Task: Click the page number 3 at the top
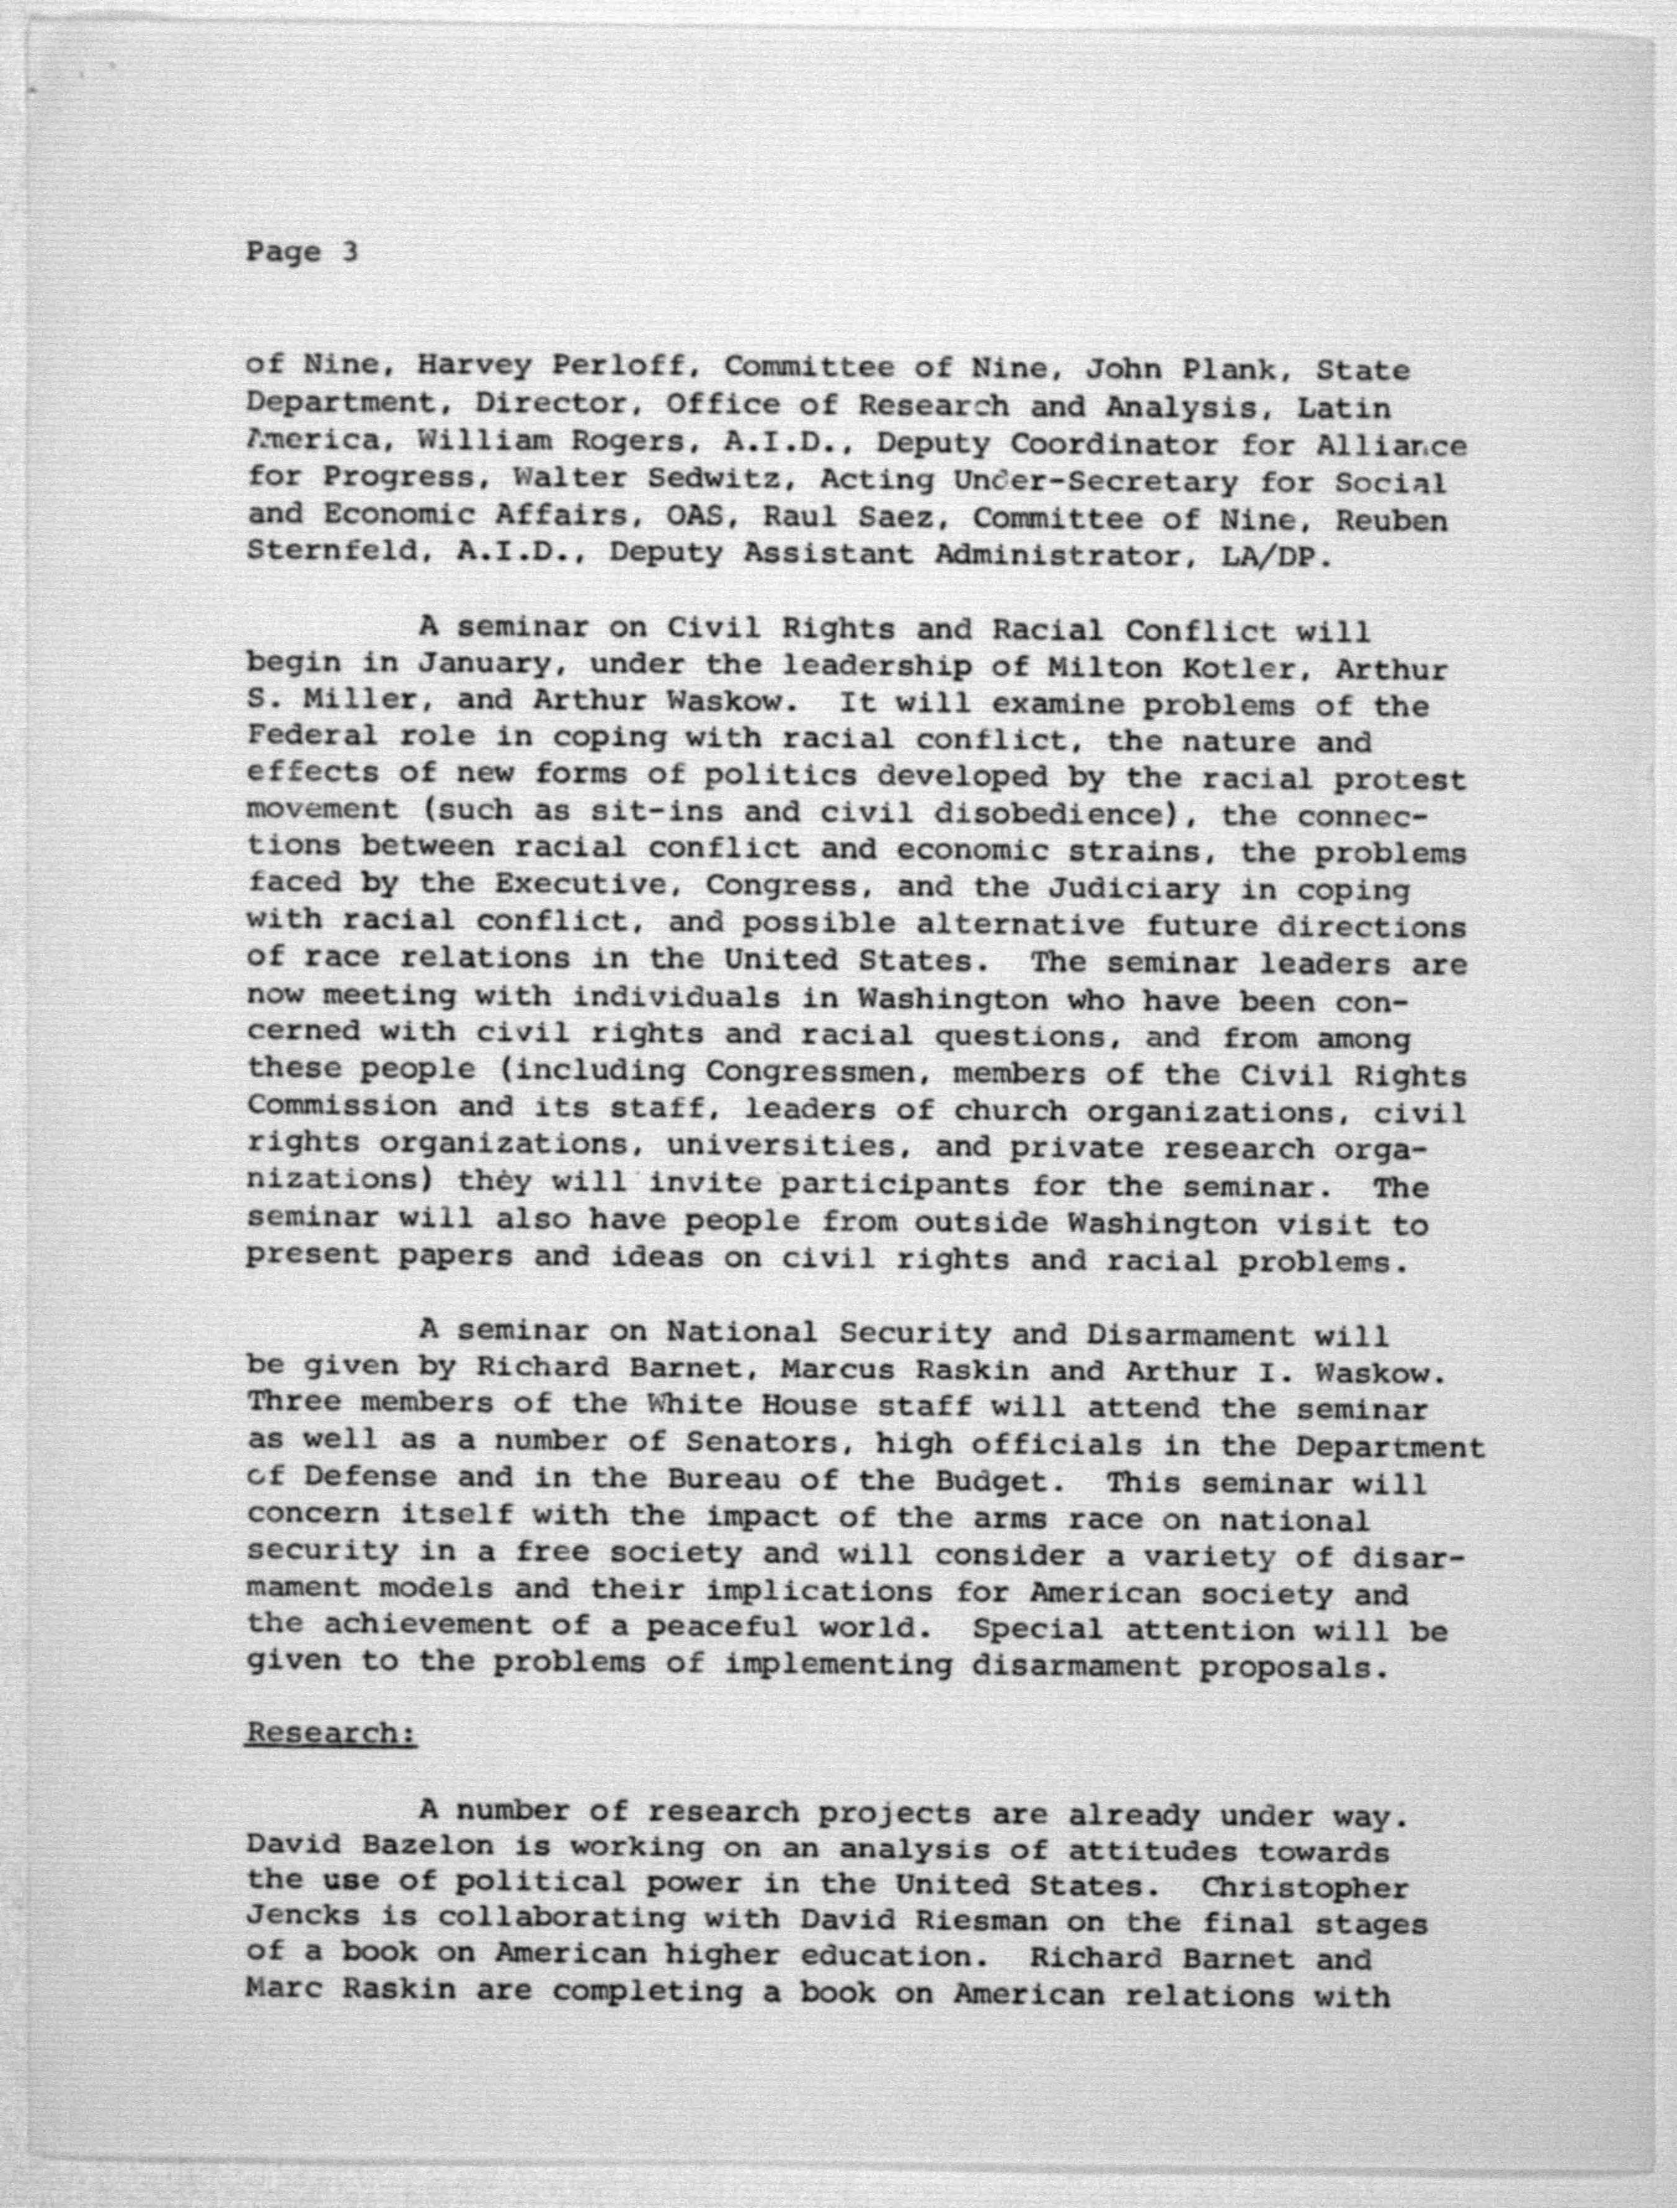(x=349, y=252)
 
